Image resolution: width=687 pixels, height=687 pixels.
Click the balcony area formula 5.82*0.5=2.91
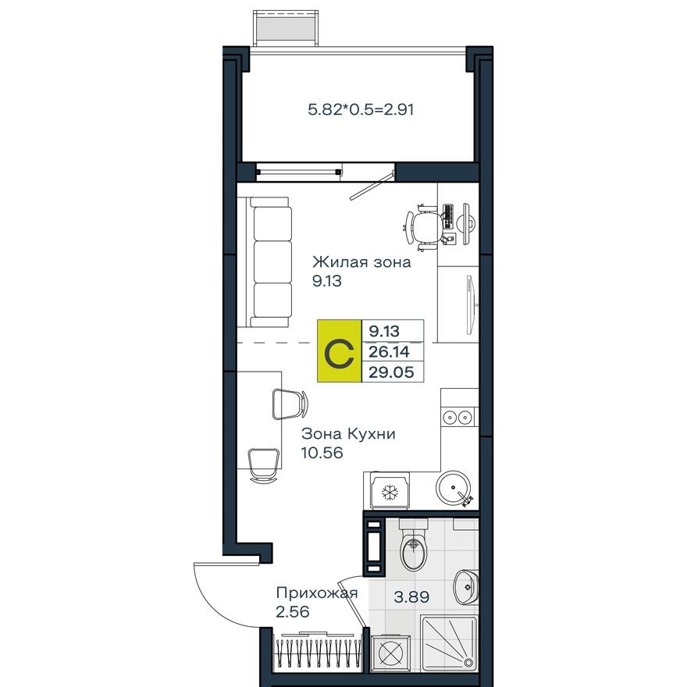pos(361,110)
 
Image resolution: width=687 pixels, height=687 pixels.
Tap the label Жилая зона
pos(361,262)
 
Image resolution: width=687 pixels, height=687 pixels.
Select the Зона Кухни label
pos(349,434)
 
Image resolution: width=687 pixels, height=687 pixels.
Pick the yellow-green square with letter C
pos(340,351)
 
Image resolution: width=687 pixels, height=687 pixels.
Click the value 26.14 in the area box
pos(392,352)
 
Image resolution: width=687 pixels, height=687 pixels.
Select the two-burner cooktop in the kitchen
pos(457,417)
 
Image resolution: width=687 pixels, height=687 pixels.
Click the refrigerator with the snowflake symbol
pos(390,491)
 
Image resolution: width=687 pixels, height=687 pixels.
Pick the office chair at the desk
pos(426,226)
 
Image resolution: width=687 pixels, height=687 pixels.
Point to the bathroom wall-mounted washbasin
pos(466,586)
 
